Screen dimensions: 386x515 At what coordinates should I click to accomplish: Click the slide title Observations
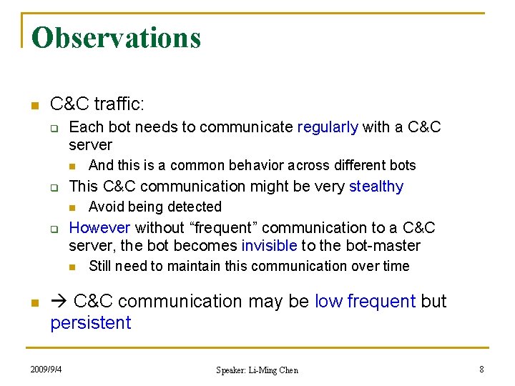[x=116, y=38]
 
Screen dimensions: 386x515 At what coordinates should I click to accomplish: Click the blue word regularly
[x=328, y=127]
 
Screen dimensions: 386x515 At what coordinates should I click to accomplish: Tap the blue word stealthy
[x=376, y=187]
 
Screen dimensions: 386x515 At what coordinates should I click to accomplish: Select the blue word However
[x=99, y=228]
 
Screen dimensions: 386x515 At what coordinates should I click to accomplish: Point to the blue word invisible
[x=269, y=246]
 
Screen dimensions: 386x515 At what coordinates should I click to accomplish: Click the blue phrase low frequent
[x=365, y=302]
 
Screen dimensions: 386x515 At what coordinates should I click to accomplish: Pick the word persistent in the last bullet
[x=91, y=323]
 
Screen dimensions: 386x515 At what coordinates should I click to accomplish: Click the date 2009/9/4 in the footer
[x=46, y=369]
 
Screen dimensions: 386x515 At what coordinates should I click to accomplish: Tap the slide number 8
[x=481, y=369]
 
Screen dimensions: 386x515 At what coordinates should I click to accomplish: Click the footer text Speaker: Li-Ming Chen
[x=257, y=370]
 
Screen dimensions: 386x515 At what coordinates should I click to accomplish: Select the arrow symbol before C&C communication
[x=59, y=302]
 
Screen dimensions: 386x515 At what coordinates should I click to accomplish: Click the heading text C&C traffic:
[x=97, y=104]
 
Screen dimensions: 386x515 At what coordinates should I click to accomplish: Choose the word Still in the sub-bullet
[x=101, y=267]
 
